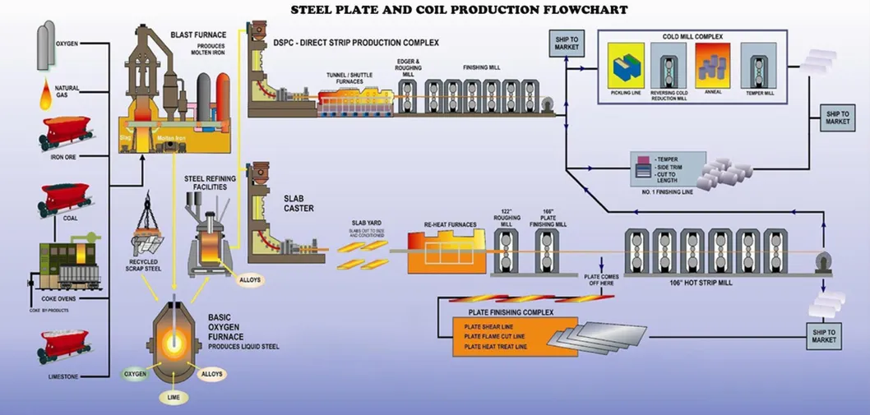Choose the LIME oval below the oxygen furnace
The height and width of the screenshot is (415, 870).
click(x=174, y=397)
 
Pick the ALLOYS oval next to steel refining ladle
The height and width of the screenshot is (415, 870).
click(x=250, y=280)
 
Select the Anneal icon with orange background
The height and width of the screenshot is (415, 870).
click(x=712, y=65)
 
